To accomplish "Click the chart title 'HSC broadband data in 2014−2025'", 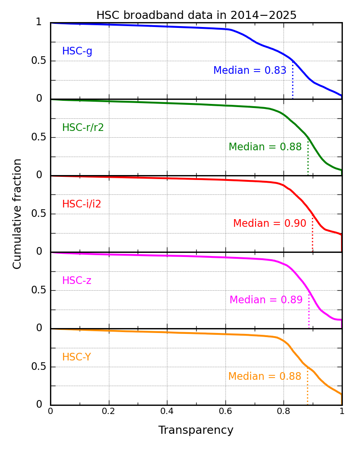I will pos(196,15).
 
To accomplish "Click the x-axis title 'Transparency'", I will pos(196,430).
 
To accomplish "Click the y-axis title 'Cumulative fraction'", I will pos(18,214).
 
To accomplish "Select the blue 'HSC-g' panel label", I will pos(77,51).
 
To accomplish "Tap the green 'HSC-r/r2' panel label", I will pos(83,128).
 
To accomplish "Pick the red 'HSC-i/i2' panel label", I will pos(81,204).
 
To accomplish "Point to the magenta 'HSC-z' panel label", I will pos(76,281).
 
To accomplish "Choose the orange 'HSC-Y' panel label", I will pos(76,357).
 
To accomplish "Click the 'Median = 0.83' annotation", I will pos(250,71).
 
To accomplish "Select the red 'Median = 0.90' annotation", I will pos(270,224).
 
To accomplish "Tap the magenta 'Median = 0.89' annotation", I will pos(266,300).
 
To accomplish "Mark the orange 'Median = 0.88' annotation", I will pos(265,377).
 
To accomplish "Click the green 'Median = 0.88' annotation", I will pos(265,147).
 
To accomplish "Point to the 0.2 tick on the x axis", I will pos(108,411).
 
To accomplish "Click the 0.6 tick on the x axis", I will pos(225,411).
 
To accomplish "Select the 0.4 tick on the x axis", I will pos(167,411).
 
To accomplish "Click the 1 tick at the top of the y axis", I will pos(39,22).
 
